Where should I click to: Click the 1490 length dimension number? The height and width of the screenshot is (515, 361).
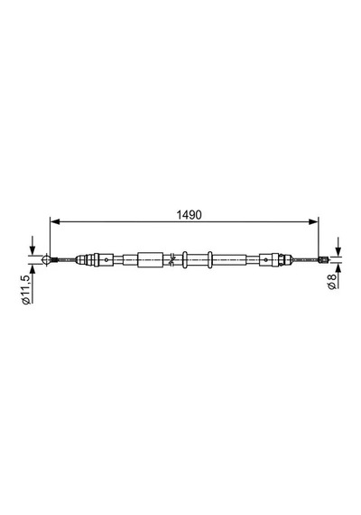click(189, 215)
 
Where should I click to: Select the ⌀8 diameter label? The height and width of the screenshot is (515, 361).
click(332, 281)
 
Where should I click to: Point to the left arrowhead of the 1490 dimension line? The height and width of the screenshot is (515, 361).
click(55, 222)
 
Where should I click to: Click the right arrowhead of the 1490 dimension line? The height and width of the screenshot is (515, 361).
click(313, 222)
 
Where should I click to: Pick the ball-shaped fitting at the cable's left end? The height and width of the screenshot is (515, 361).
click(47, 259)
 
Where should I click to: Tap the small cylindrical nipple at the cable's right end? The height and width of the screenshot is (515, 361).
click(323, 259)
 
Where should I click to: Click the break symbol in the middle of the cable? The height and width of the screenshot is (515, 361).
click(171, 259)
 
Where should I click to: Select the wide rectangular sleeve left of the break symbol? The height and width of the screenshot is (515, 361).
click(151, 259)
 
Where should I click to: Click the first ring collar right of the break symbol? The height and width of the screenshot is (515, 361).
click(185, 259)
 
